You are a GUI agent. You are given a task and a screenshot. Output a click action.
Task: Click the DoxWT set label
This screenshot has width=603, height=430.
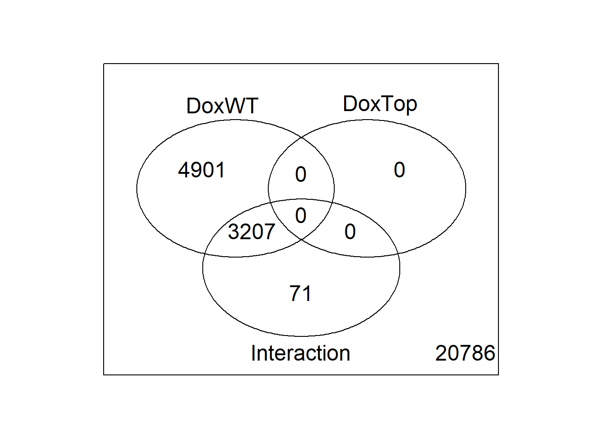point(222,106)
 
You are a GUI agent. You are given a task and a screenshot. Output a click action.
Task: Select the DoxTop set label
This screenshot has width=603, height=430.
point(380,104)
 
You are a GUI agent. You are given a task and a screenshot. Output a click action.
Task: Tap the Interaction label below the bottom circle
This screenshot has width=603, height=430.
point(301,353)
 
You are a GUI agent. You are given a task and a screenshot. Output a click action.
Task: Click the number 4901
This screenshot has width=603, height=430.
point(201,170)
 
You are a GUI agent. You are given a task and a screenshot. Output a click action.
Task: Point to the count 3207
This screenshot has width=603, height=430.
point(251,232)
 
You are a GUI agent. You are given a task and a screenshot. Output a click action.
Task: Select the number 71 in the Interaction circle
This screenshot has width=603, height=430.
point(301,293)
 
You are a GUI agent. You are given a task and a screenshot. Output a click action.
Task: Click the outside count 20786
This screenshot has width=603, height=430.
point(465,353)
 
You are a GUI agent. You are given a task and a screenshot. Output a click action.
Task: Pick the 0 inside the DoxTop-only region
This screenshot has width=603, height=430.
point(399,170)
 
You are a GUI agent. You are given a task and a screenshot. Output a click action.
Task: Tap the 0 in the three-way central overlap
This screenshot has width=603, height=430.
point(301,215)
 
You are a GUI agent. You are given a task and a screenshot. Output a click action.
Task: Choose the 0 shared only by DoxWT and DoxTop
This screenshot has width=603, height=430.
point(301,174)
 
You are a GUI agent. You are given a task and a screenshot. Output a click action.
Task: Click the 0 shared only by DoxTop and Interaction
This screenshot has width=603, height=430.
point(350,232)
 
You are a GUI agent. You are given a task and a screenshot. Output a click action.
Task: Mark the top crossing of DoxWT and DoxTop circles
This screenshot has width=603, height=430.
point(301,138)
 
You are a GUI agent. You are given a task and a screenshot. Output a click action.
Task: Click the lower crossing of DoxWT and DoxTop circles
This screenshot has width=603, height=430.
point(301,239)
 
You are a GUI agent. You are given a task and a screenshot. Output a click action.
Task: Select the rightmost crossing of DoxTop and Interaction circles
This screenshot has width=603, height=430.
point(398,254)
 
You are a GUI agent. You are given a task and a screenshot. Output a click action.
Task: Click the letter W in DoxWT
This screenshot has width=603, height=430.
point(233,106)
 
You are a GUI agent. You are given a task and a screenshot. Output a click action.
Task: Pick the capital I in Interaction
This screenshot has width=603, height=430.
point(253,353)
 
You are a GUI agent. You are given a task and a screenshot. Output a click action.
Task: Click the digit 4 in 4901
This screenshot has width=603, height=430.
point(184,170)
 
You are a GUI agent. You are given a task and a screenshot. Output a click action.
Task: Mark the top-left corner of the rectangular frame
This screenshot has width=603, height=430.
point(104,64)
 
